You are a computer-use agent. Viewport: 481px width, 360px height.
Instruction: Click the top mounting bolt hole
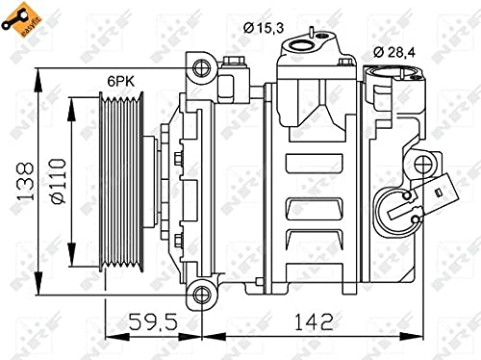(x=201, y=67)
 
